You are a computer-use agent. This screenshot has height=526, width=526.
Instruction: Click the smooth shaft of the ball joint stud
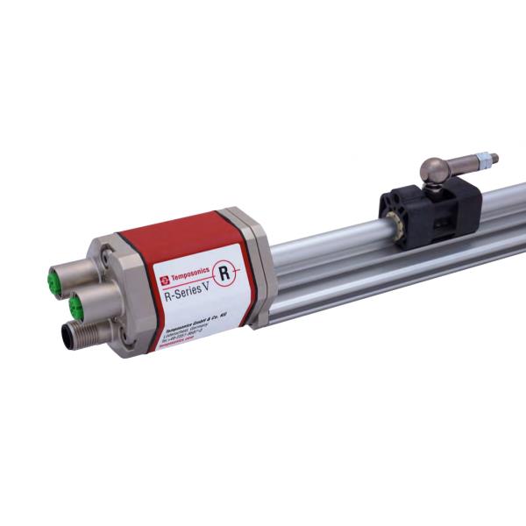point(478,161)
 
